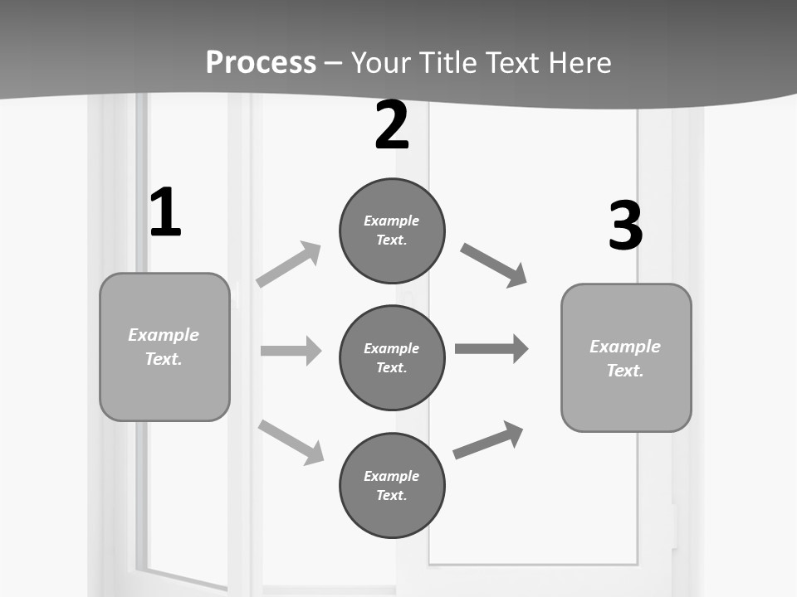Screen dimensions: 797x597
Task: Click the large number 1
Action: (x=165, y=213)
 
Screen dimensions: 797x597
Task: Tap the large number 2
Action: (x=391, y=126)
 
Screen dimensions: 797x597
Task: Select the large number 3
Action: (x=625, y=226)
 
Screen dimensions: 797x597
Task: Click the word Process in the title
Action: (x=261, y=62)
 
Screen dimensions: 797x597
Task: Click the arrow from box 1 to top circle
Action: (x=289, y=264)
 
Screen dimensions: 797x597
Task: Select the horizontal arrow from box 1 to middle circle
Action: (x=291, y=351)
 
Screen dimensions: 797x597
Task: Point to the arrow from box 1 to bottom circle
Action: (x=291, y=442)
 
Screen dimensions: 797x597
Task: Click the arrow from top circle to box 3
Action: (x=493, y=265)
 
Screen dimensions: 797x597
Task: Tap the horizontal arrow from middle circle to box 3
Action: (x=491, y=348)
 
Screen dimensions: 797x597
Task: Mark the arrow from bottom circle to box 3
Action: (x=488, y=439)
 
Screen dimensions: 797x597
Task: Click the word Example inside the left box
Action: (x=164, y=335)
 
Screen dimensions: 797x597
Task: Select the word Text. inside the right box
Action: (x=625, y=371)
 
